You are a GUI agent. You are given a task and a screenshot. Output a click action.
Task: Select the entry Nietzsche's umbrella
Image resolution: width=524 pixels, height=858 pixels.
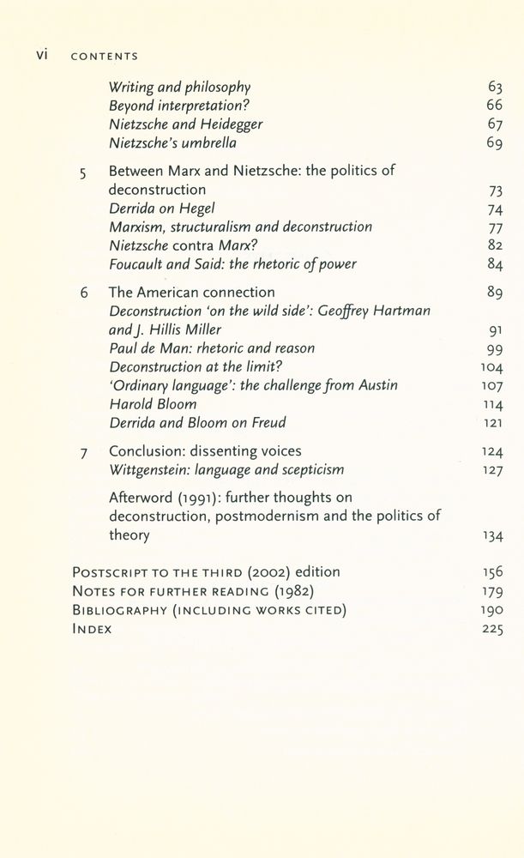coord(172,142)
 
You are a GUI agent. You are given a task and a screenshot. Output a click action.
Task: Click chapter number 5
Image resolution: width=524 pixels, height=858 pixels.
coord(82,172)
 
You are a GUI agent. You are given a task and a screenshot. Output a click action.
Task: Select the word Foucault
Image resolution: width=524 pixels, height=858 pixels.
coord(141,263)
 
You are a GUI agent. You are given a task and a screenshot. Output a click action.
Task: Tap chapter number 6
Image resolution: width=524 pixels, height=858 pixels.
coord(83,293)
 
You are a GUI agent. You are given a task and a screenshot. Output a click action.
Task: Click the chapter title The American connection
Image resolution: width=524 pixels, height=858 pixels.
coord(191,293)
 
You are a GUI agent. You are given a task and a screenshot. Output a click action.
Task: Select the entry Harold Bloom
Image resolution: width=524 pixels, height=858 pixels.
coord(153,404)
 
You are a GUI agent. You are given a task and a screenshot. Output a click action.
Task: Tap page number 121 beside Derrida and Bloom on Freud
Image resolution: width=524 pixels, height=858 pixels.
coord(491,423)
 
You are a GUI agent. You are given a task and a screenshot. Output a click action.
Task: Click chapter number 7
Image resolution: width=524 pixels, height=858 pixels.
coord(83,452)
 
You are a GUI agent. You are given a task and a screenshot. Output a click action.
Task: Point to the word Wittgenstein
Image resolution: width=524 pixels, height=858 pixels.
coord(153,470)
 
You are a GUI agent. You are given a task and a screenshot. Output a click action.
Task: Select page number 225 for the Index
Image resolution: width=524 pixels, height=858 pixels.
coord(491,629)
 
